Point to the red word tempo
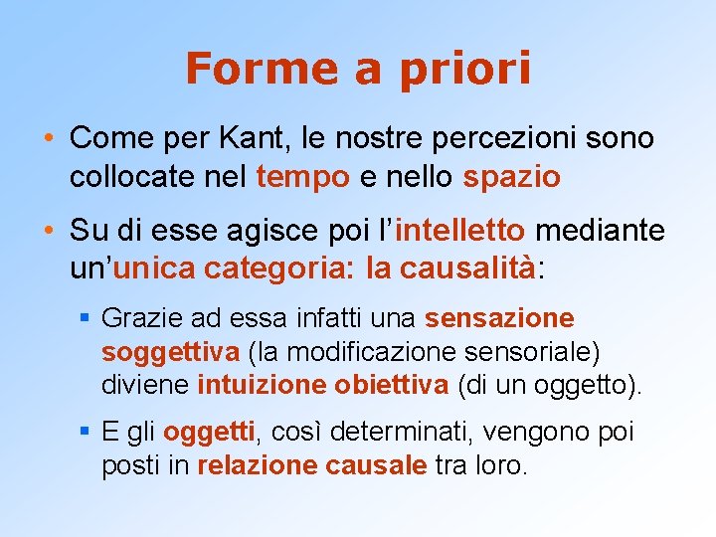[302, 177]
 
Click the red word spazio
[511, 177]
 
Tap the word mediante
[600, 232]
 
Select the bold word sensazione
[499, 318]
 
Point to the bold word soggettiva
[170, 352]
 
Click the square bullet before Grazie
[86, 319]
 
